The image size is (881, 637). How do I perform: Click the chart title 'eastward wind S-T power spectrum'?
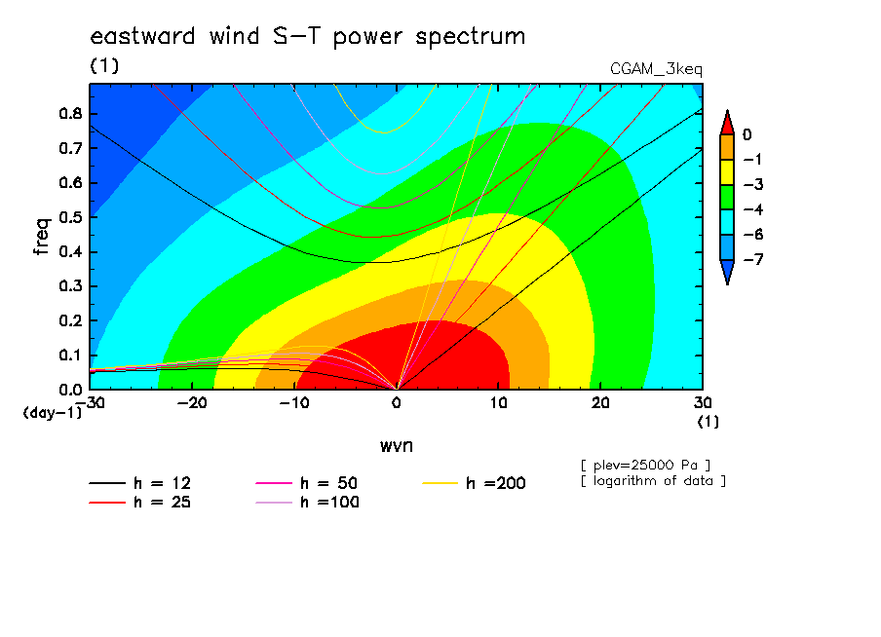click(307, 37)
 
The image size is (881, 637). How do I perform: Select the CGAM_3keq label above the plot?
click(656, 69)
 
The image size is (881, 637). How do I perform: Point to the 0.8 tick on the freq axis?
click(70, 113)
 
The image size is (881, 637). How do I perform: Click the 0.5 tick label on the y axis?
click(70, 217)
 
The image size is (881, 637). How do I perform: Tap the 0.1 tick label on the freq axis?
click(70, 356)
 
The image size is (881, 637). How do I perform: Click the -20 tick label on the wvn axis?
click(192, 403)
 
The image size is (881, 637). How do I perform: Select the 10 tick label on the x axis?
click(498, 403)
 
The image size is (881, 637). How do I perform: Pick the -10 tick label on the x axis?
click(294, 403)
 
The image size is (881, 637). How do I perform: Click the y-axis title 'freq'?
click(42, 237)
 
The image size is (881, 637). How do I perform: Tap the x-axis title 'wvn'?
click(396, 446)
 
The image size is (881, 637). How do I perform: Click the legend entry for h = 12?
click(140, 483)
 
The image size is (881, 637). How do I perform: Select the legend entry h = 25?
click(140, 502)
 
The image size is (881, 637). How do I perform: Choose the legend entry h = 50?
click(306, 483)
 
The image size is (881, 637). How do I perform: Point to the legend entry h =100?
click(307, 502)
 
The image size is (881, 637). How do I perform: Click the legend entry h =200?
click(474, 483)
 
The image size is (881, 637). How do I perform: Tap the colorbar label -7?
click(753, 259)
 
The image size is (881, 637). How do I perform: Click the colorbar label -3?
click(753, 185)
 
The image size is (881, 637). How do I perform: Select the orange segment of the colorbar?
click(727, 147)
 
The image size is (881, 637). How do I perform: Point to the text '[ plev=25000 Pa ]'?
click(645, 466)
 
